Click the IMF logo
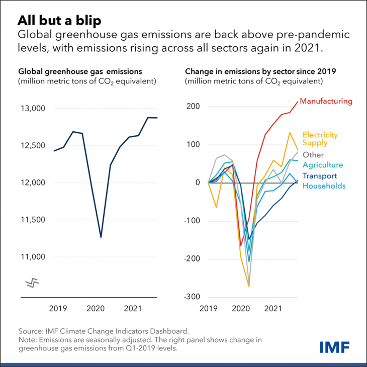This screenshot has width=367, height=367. click(x=334, y=346)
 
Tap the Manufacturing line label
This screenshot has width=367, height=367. click(x=326, y=101)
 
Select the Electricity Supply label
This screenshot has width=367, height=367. click(x=320, y=139)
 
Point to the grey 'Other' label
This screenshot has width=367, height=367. click(x=313, y=155)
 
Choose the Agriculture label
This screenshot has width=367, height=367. click(x=323, y=165)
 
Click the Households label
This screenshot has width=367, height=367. click(x=324, y=186)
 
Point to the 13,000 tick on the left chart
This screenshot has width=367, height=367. click(x=33, y=109)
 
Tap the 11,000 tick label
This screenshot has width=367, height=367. click(x=33, y=257)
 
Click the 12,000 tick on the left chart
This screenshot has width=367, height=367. click(x=33, y=183)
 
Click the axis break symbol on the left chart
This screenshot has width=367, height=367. click(x=32, y=283)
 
